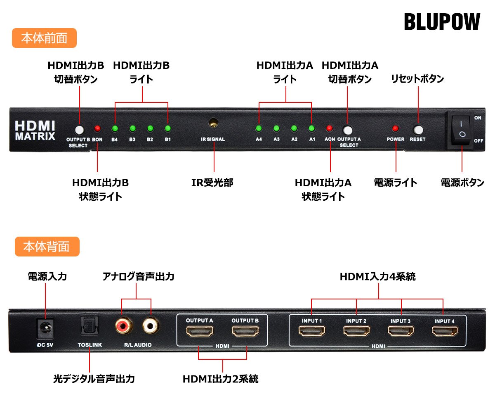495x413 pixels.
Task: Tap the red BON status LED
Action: point(97,128)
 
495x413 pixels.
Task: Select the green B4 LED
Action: point(115,128)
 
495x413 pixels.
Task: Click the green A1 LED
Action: point(312,128)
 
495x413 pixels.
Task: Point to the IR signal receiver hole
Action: point(213,123)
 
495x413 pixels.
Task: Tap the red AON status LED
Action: point(330,128)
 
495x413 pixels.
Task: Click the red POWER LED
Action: point(396,128)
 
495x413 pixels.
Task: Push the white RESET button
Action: point(418,130)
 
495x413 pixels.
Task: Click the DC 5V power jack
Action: point(45,328)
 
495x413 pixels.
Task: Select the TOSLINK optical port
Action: point(90,326)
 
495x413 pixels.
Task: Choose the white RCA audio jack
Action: point(151,326)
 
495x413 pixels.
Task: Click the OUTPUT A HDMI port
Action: point(200,331)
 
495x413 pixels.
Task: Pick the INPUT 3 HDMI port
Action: point(401,331)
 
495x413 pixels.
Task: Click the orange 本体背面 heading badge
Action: point(47,247)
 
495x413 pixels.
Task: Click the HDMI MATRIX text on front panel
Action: point(35,130)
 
